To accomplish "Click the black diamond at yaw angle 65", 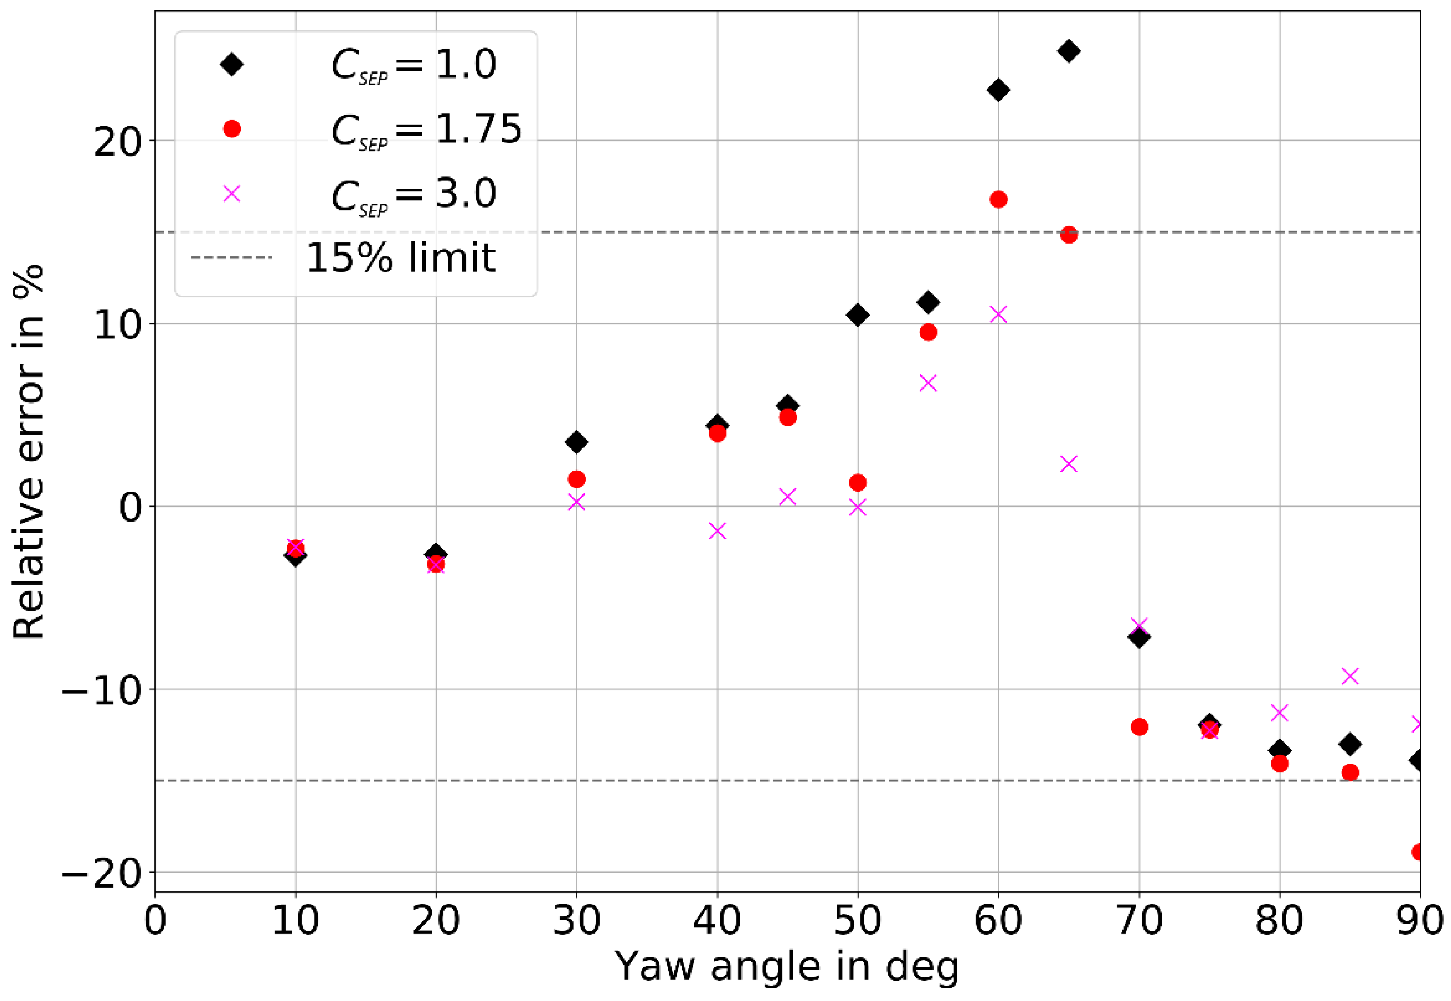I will (x=1069, y=51).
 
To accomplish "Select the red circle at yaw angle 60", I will (x=998, y=200).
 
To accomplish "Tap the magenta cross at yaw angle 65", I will (x=1069, y=463).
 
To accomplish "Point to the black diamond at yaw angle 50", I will (x=858, y=315).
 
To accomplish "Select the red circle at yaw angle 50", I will (x=858, y=483).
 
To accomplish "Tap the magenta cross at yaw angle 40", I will (x=718, y=531).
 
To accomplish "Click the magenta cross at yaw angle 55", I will (x=928, y=382).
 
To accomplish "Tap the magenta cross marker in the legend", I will (x=232, y=193).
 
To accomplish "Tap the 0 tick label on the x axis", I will (x=155, y=921).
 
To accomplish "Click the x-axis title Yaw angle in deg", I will (x=787, y=966).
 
